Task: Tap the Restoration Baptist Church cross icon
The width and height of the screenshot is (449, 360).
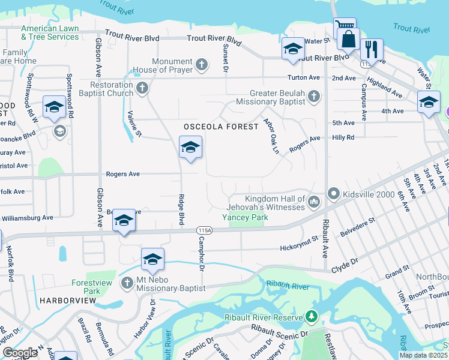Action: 142,89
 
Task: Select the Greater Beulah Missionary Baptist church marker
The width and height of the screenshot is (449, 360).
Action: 313,96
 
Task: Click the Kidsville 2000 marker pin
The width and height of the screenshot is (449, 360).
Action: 333,194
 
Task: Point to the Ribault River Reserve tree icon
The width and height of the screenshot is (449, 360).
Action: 311,316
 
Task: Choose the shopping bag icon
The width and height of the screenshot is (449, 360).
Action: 348,40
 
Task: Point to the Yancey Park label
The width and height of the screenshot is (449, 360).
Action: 245,217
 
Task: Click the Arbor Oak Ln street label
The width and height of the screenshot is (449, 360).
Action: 271,136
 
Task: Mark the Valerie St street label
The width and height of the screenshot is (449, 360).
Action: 134,124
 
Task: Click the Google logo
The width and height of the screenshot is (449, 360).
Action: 19,352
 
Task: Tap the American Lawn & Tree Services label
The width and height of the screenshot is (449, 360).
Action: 50,32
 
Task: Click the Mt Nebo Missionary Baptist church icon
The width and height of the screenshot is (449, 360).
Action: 127,283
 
